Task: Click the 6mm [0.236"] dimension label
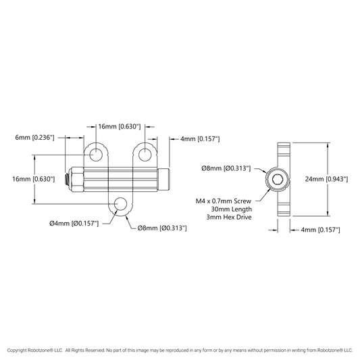34,138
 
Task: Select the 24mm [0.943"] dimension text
326,179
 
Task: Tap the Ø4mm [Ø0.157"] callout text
74,223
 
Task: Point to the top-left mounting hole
96,155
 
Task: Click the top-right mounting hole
145,155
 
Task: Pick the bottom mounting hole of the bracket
120,204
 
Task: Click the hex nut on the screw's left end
77,179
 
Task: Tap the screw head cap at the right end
163,179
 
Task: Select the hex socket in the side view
277,179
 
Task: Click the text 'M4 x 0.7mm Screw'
224,201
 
